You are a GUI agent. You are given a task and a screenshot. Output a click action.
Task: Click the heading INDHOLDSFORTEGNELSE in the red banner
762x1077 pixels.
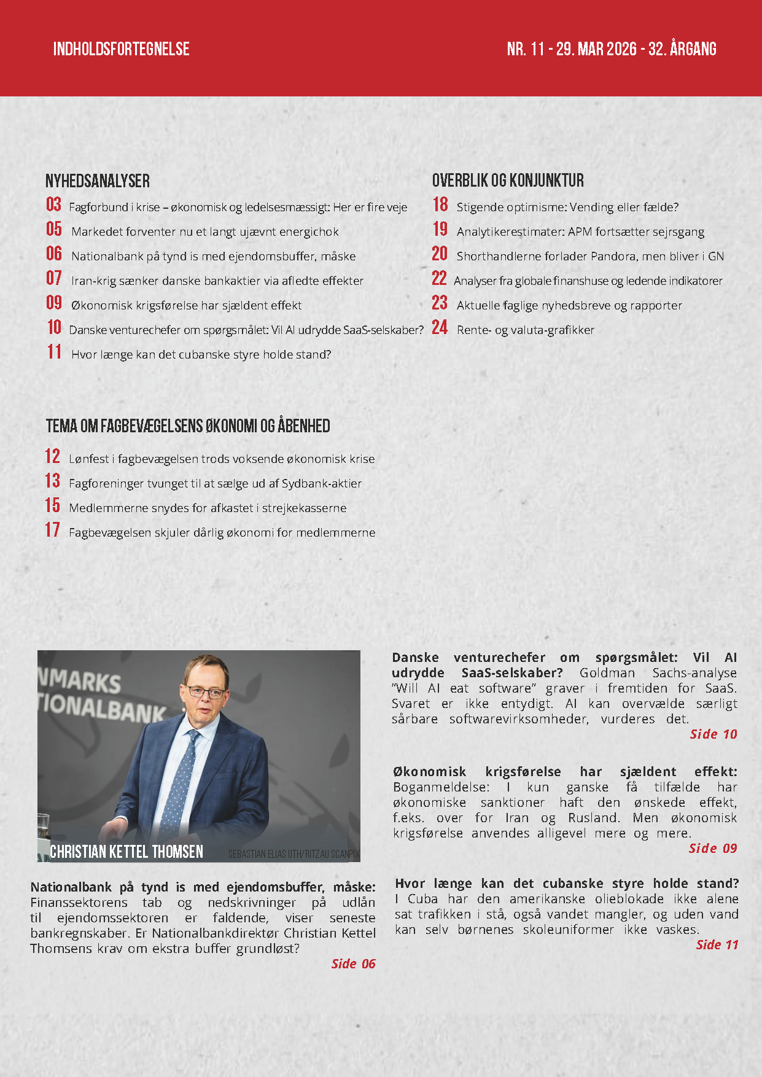121,49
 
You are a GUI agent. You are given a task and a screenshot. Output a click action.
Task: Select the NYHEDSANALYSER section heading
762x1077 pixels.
98,181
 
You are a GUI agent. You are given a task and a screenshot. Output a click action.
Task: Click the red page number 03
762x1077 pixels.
54,204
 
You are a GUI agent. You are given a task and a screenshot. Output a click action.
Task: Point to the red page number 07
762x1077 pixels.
54,278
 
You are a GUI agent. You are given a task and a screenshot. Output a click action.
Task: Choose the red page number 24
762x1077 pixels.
440,327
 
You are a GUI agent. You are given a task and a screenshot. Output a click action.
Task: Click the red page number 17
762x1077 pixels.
53,530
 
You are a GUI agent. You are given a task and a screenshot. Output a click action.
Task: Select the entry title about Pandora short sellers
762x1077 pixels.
590,256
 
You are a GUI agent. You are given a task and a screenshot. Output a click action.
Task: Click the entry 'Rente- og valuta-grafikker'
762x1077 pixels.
526,330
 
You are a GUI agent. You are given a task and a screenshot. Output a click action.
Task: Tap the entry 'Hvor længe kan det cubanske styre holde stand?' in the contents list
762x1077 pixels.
201,354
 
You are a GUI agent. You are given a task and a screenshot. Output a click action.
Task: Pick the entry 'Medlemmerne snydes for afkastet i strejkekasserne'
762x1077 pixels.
208,508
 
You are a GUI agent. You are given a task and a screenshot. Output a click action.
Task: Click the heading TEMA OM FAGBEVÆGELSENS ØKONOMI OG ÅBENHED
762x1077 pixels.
188,426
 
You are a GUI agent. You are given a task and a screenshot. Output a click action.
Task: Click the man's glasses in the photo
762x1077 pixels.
205,692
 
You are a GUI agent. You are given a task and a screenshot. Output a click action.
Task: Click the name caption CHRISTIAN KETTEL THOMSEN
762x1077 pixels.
126,852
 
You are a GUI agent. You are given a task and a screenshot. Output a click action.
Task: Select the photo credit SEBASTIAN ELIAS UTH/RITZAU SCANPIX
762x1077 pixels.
294,853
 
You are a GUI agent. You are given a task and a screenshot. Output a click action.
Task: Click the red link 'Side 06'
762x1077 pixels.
353,963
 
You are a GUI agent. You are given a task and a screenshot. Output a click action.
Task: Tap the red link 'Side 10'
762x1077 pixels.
713,734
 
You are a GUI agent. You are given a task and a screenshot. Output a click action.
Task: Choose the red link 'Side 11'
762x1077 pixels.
717,944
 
